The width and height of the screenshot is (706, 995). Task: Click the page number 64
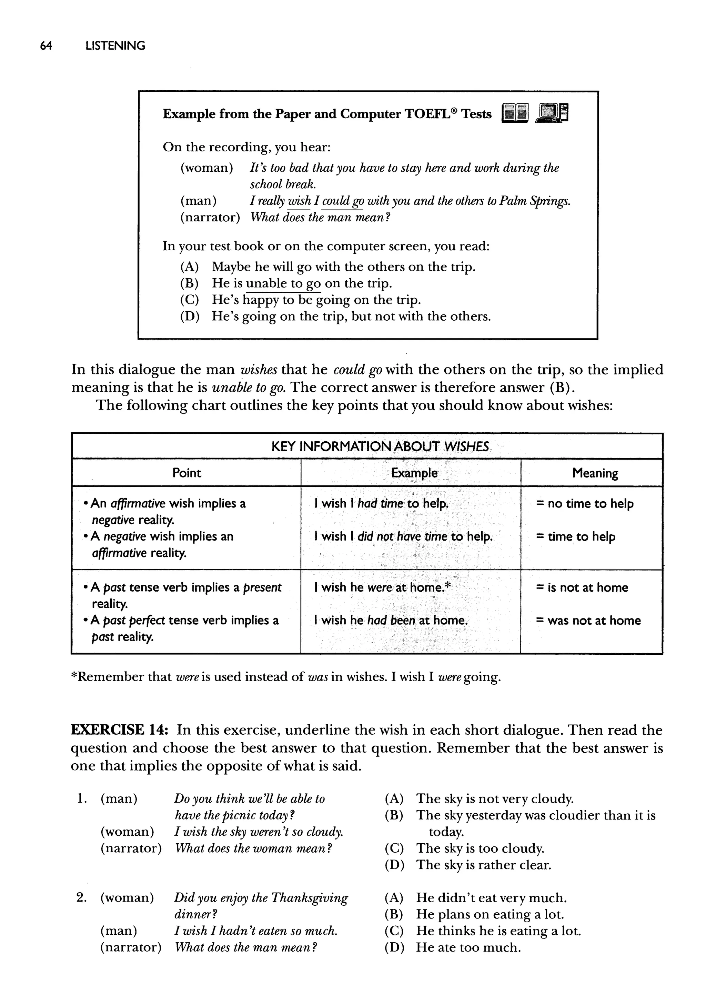46,46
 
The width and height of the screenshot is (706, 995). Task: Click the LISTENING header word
115,46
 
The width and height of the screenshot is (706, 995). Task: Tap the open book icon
515,113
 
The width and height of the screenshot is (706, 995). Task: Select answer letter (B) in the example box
190,283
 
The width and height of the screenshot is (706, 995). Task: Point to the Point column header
186,473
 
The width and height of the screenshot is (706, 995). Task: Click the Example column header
414,473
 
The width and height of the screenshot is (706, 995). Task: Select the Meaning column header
595,473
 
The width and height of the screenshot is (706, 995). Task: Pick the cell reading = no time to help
585,504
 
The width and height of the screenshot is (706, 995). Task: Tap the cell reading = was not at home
588,620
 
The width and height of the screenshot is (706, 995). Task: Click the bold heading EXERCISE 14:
117,730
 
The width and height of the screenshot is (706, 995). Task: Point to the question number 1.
81,799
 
